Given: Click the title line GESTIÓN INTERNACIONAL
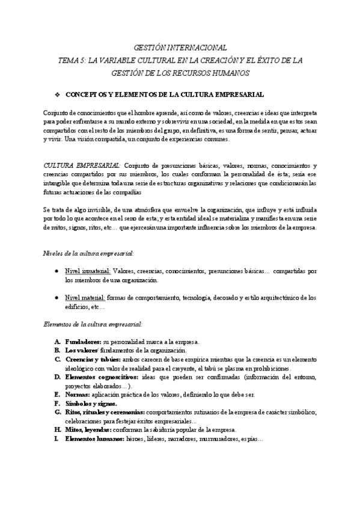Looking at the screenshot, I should [x=180, y=47].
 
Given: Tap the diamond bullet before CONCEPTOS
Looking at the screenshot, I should [x=56, y=95].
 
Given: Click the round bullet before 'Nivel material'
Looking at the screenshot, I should [x=56, y=297].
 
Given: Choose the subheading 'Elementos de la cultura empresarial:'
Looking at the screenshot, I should [x=93, y=324].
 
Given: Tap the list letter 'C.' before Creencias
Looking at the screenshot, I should [x=56, y=359].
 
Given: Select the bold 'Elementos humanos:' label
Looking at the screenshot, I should [x=94, y=439].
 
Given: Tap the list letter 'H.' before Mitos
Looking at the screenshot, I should [x=56, y=430].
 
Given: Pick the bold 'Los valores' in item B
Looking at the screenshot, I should [x=81, y=350].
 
